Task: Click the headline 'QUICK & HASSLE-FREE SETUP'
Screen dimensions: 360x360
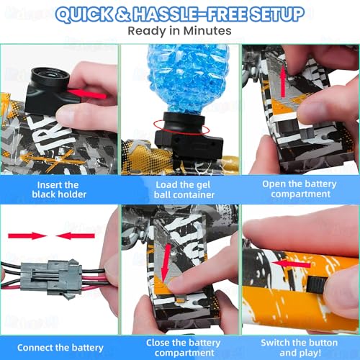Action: click(180, 14)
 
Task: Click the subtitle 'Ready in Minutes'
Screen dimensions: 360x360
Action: click(179, 31)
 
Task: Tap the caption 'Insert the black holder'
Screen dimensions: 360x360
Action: click(59, 189)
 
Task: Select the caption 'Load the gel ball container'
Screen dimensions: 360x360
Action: click(184, 189)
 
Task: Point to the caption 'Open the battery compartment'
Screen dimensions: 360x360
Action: click(300, 189)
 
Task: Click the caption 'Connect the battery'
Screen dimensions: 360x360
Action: click(60, 348)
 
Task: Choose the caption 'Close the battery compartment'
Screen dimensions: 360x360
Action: click(184, 348)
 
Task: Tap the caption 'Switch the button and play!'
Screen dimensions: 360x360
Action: click(300, 348)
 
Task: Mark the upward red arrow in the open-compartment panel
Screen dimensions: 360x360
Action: click(284, 81)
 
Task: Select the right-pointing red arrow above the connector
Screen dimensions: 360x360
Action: click(27, 236)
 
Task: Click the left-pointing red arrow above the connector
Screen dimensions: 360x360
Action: click(76, 236)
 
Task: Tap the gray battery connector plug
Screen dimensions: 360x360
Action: click(52, 279)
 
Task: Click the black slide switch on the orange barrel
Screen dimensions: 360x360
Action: click(317, 284)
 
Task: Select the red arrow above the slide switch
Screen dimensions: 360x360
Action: click(291, 264)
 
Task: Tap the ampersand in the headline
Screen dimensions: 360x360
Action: click(123, 14)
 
